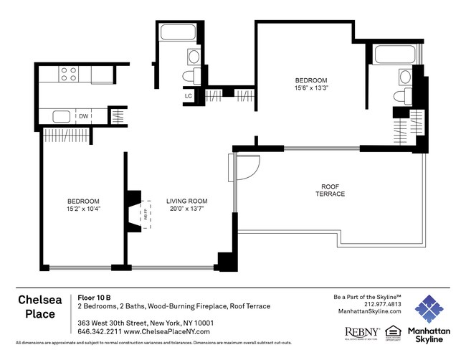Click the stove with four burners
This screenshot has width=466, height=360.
[x=68, y=74]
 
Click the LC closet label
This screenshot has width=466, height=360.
[x=189, y=95]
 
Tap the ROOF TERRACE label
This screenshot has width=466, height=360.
[x=330, y=190]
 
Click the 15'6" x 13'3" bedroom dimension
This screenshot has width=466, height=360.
[x=310, y=88]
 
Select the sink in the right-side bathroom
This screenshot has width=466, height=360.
[x=405, y=76]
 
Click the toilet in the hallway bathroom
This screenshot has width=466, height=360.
[x=190, y=76]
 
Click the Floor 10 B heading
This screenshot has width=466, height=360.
[x=94, y=297]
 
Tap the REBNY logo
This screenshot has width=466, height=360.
[x=362, y=331]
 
